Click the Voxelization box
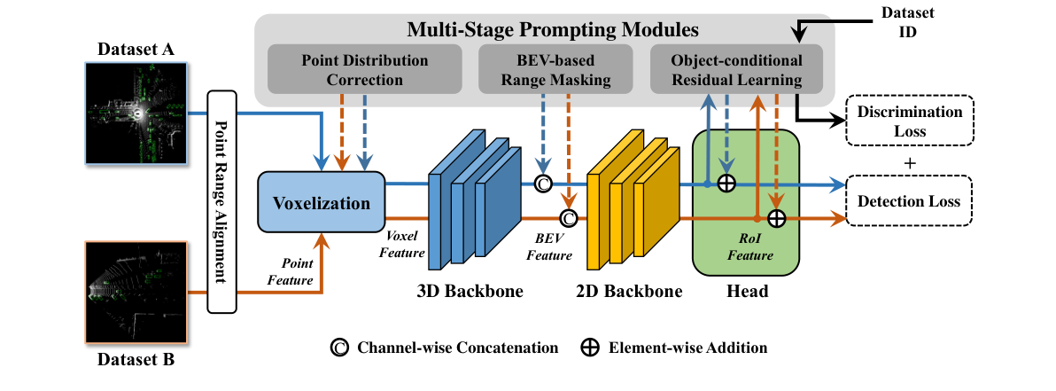322,203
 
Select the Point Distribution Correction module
364,70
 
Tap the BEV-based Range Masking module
555,70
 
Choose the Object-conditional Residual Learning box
736,70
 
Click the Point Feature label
291,271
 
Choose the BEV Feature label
550,247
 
